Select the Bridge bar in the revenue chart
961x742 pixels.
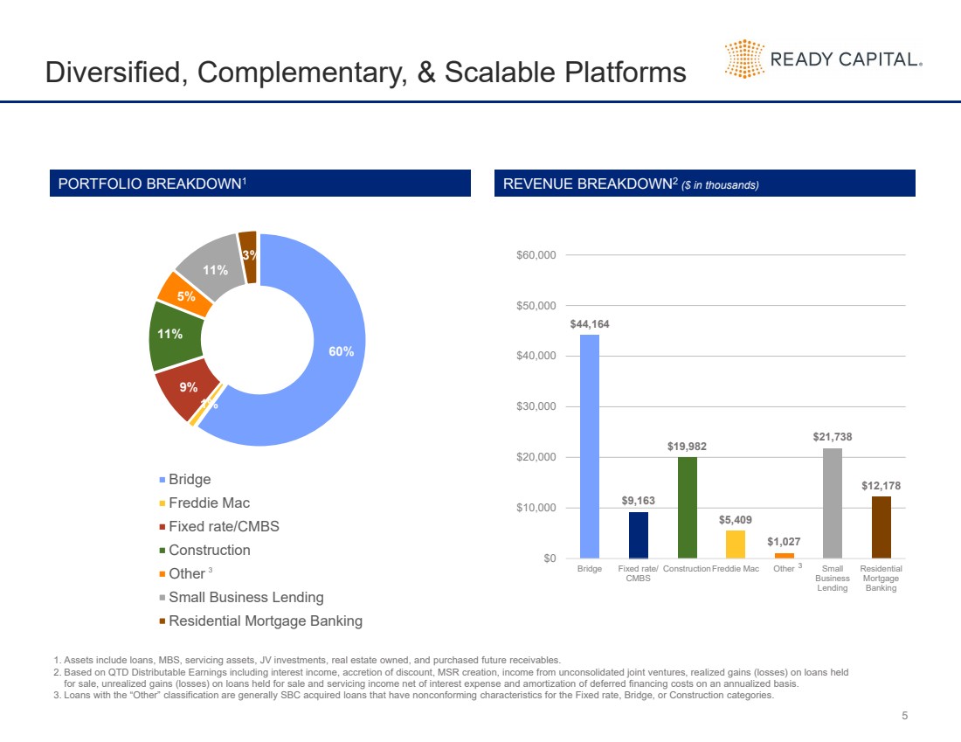[x=590, y=446]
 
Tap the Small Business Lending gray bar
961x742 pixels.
[x=833, y=503]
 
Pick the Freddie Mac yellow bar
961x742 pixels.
[x=736, y=544]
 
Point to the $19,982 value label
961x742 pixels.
[x=687, y=447]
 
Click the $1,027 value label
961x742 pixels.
[x=785, y=542]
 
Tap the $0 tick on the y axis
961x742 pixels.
[x=548, y=558]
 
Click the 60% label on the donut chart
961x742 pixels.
[x=341, y=351]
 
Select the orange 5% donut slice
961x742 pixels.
[x=184, y=295]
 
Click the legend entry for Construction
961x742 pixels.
[x=209, y=550]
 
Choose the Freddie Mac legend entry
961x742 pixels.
[x=209, y=503]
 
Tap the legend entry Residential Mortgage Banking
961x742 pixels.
[x=265, y=621]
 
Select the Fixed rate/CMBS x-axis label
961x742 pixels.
[x=639, y=573]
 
